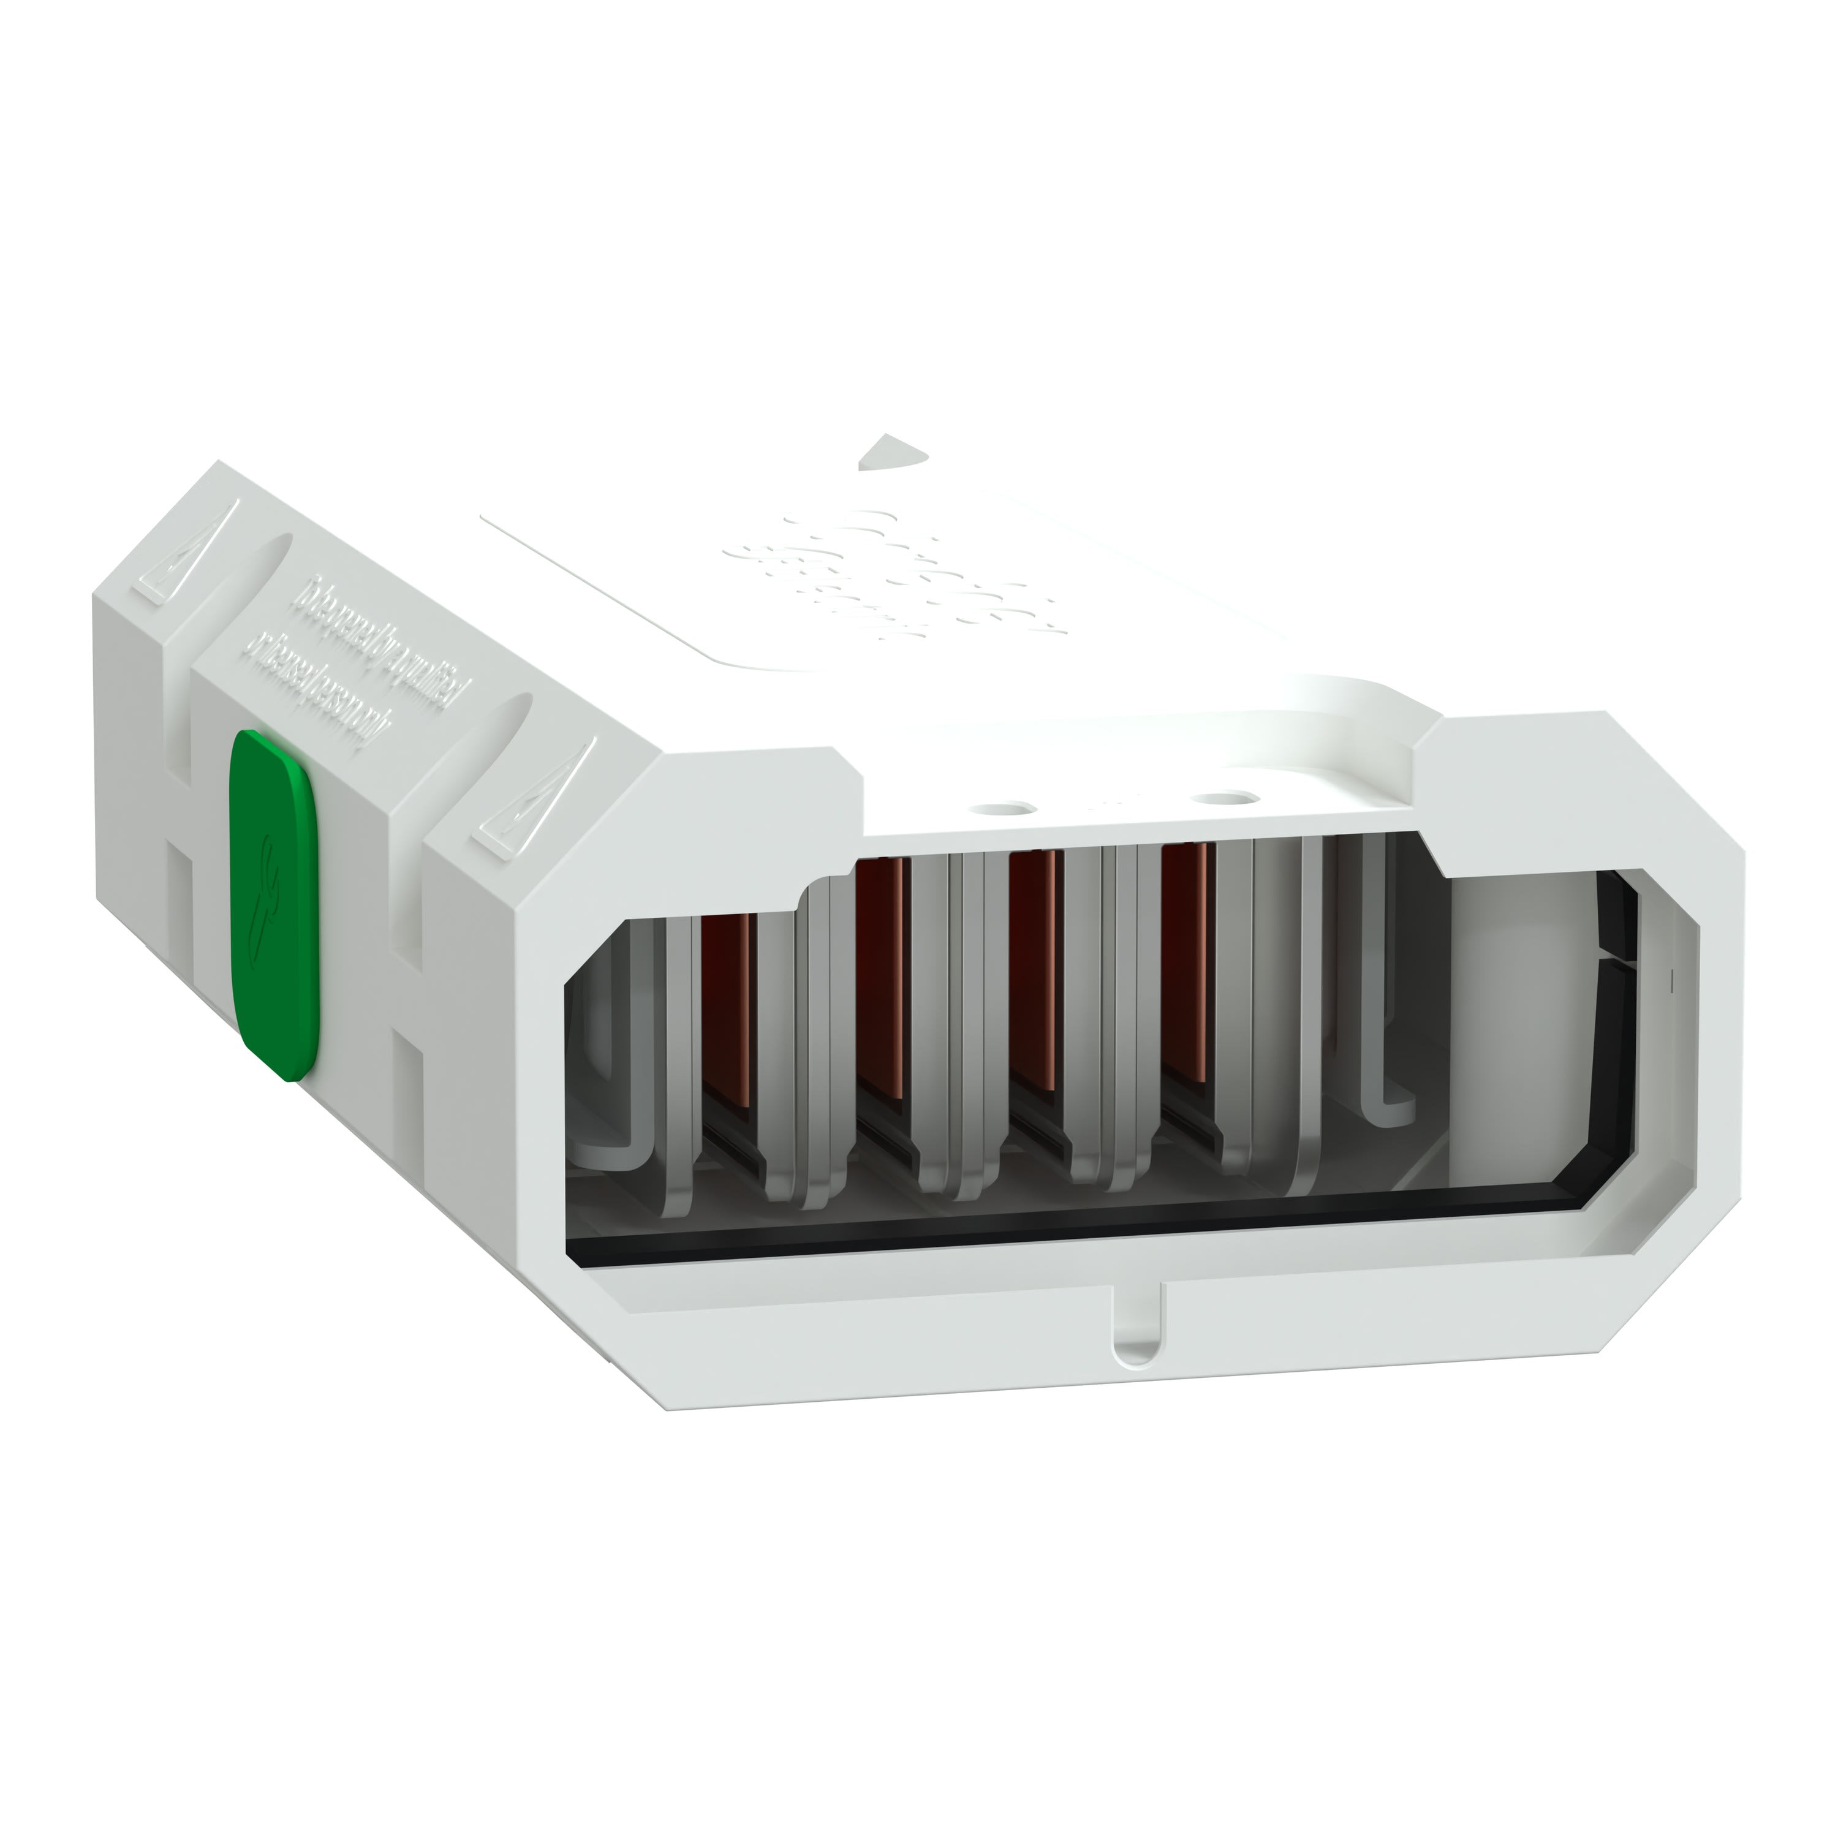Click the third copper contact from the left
pos(1033,970)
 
